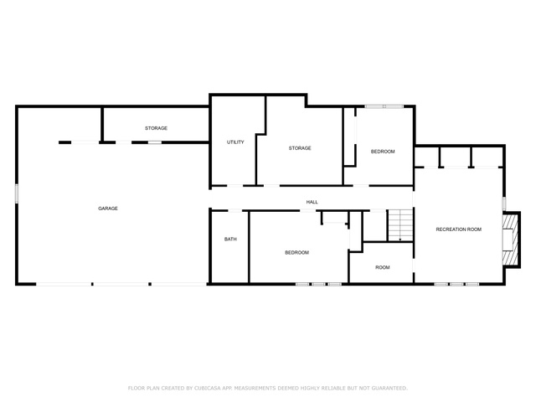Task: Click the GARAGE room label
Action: coord(108,209)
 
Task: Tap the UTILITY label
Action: coord(235,142)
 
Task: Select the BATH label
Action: coord(230,239)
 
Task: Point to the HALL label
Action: coord(312,202)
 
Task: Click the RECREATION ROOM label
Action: coord(459,229)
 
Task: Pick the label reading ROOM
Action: coord(383,267)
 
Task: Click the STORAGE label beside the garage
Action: coord(157,128)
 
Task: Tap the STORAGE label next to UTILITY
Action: coord(300,148)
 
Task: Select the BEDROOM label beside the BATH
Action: coord(297,253)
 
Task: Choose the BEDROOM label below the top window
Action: coord(383,152)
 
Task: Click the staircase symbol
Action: coord(400,225)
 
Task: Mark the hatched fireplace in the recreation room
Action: coord(511,240)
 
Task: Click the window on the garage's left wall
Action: coord(17,194)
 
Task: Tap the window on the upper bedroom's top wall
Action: coord(384,106)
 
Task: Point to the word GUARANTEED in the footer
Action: coord(389,388)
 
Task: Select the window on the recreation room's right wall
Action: coord(503,203)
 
